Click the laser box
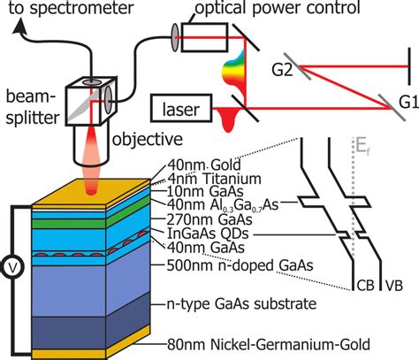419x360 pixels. [181, 111]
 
